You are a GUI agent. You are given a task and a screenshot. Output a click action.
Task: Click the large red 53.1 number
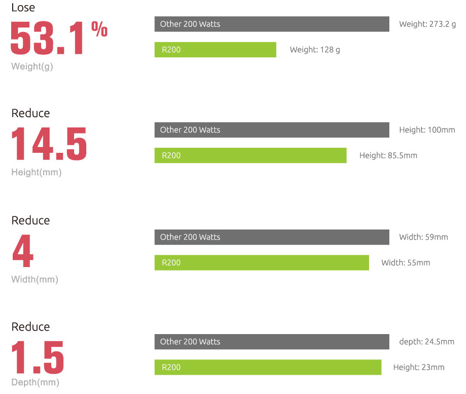click(47, 39)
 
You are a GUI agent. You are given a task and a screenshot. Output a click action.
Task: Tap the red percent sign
click(99, 30)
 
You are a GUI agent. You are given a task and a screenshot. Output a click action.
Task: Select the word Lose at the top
click(23, 8)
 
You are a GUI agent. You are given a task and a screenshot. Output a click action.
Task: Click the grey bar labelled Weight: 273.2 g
click(272, 24)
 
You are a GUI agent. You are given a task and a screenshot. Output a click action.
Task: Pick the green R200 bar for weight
click(215, 50)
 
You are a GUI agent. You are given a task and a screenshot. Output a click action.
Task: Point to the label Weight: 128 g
click(315, 50)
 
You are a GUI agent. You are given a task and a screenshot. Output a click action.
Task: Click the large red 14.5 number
click(49, 144)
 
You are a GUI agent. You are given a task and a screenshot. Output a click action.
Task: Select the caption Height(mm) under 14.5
click(36, 173)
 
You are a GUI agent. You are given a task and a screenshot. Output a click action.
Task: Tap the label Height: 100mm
click(427, 130)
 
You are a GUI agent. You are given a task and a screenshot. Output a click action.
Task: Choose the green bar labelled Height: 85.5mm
click(250, 155)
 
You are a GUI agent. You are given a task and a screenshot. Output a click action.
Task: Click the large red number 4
click(23, 251)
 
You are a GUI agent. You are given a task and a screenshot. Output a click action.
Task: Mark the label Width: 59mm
click(423, 237)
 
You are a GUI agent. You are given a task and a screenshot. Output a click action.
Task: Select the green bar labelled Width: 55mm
click(261, 262)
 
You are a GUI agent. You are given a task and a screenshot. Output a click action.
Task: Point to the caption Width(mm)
click(35, 280)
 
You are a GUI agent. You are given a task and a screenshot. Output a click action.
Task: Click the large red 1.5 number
click(38, 357)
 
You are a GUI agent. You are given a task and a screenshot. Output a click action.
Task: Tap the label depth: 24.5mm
click(426, 342)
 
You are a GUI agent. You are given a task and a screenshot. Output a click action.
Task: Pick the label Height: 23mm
click(419, 368)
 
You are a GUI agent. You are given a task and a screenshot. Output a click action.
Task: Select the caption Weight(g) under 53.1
click(32, 67)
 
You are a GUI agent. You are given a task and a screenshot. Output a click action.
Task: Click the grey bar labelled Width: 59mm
click(272, 237)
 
